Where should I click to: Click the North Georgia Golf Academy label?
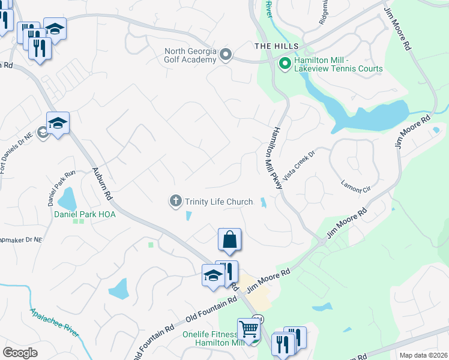pos(190,55)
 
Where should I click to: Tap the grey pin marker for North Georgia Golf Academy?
pos(226,55)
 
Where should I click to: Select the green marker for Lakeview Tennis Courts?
pos(285,62)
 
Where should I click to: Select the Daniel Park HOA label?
pos(85,214)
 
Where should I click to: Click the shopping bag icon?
pos(229,240)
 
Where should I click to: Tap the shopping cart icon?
pos(248,329)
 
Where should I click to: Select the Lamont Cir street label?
pos(356,186)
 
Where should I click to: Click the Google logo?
pos(20,353)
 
